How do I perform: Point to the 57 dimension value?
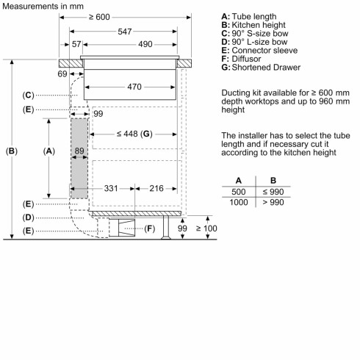pyautogui.click(x=76, y=46)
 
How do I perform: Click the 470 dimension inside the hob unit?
pyautogui.click(x=132, y=87)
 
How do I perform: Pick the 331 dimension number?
pyautogui.click(x=111, y=189)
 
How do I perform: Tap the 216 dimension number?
pyautogui.click(x=156, y=189)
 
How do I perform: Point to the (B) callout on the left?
pyautogui.click(x=11, y=151)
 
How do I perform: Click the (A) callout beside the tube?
pyautogui.click(x=50, y=151)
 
